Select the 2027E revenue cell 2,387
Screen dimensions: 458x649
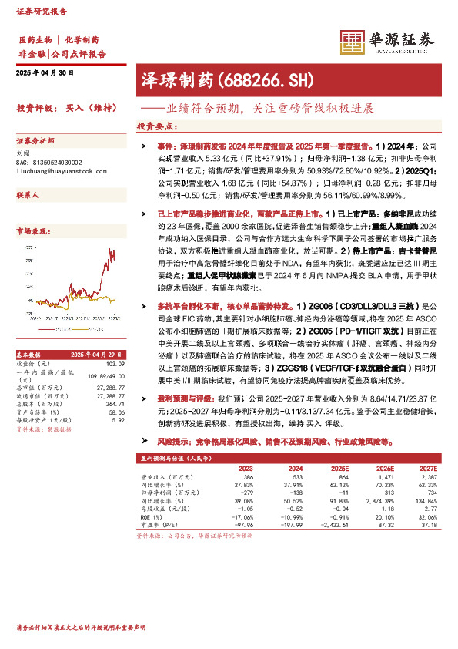(x=425, y=479)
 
